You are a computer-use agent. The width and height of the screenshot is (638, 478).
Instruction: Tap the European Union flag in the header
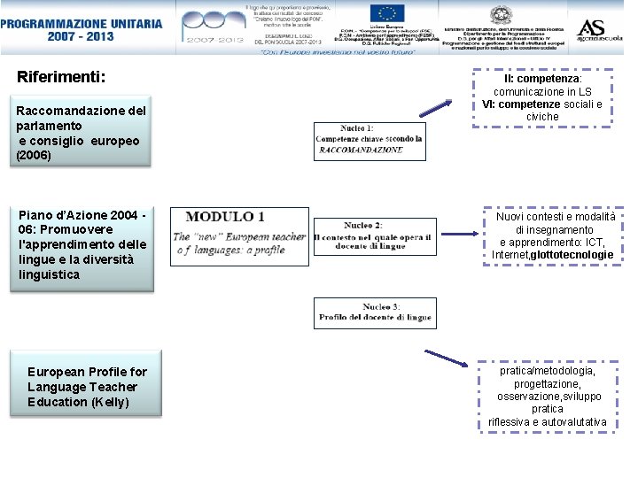[x=387, y=14]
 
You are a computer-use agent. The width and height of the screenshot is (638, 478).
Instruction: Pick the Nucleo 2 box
[x=374, y=236]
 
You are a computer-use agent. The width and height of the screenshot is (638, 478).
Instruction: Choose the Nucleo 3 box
[x=374, y=312]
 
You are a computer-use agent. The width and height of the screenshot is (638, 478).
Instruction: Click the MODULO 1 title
[x=225, y=217]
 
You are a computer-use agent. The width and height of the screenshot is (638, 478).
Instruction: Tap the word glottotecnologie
[x=572, y=255]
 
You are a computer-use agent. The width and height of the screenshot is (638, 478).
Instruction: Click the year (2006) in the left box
[x=35, y=156]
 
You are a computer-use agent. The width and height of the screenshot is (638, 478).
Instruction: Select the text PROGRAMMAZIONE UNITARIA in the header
[x=82, y=23]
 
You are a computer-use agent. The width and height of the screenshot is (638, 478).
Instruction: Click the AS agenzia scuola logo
[x=599, y=30]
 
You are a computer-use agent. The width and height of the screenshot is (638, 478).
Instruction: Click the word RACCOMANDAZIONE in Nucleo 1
[x=360, y=150]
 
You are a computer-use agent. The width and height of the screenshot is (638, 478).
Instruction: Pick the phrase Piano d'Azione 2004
[x=77, y=214]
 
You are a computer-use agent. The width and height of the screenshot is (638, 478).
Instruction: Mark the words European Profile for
[x=87, y=372]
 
